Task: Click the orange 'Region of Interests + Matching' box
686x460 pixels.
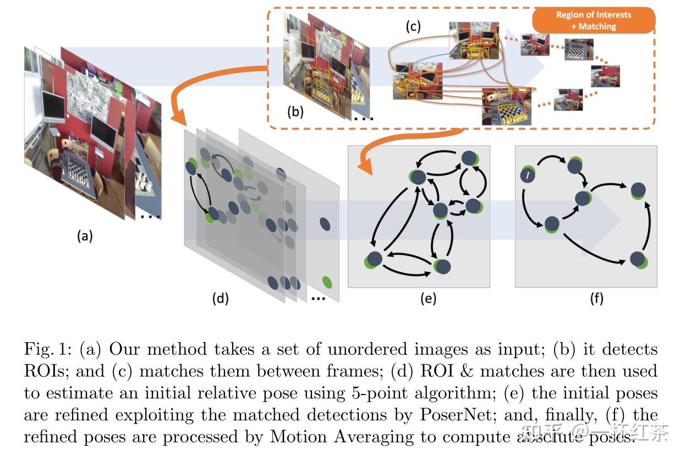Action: (594, 20)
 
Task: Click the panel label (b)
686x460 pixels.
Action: (295, 111)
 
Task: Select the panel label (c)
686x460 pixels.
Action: (413, 26)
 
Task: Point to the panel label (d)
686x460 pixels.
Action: (220, 299)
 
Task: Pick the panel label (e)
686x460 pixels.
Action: (428, 299)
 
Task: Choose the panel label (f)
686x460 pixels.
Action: (596, 299)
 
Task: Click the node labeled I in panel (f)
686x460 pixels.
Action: (527, 176)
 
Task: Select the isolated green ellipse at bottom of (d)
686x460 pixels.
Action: (327, 282)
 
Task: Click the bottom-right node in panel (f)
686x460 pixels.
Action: (638, 259)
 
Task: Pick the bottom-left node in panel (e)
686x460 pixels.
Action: (374, 259)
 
